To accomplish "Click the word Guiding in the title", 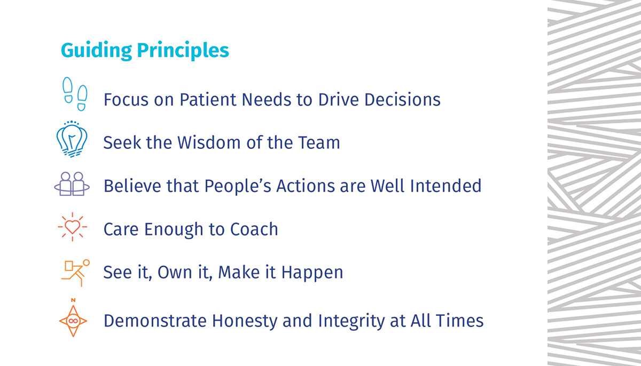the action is tap(97, 51).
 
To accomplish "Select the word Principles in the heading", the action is tap(183, 51).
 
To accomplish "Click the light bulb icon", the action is tap(72, 139).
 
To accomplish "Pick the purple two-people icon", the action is tap(72, 184).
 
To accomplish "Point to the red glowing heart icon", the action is tap(73, 227).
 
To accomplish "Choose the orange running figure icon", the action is tap(75, 273).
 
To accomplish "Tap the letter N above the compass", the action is tap(73, 300).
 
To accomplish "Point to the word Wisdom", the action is tap(209, 142).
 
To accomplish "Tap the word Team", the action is tap(319, 142).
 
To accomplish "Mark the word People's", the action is tap(238, 186).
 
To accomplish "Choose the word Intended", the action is tap(446, 186).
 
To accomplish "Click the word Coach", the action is tap(254, 229).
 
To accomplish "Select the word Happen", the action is tap(312, 272).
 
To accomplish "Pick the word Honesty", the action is tap(245, 321).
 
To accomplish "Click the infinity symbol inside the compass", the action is tap(73, 321).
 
